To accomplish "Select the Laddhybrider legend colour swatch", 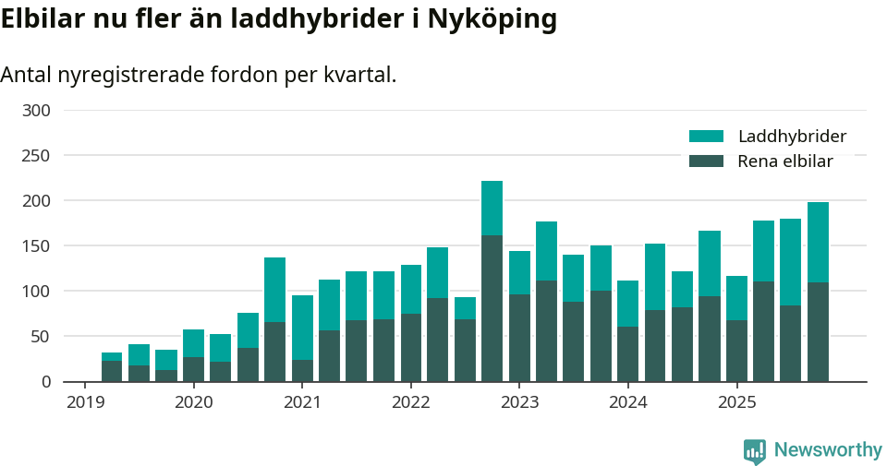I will pyautogui.click(x=706, y=137).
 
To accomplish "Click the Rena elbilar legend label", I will pyautogui.click(x=785, y=161).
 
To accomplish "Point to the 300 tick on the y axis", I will pyautogui.click(x=37, y=111).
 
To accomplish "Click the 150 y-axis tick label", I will pyautogui.click(x=37, y=246).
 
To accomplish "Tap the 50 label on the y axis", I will pyautogui.click(x=41, y=337).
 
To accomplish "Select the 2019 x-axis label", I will pyautogui.click(x=85, y=402).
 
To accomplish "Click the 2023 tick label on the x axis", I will pyautogui.click(x=519, y=402).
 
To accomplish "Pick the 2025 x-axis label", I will pyautogui.click(x=736, y=402).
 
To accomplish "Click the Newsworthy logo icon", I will pyautogui.click(x=755, y=450).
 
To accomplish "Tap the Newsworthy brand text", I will pyautogui.click(x=828, y=450).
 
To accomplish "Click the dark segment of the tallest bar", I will pyautogui.click(x=492, y=308).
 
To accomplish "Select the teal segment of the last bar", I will pyautogui.click(x=818, y=242).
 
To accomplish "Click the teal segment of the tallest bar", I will pyautogui.click(x=492, y=208).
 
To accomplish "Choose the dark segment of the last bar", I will pyautogui.click(x=818, y=332).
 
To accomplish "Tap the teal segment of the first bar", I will pyautogui.click(x=112, y=356).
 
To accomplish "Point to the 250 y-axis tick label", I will pyautogui.click(x=37, y=156).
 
